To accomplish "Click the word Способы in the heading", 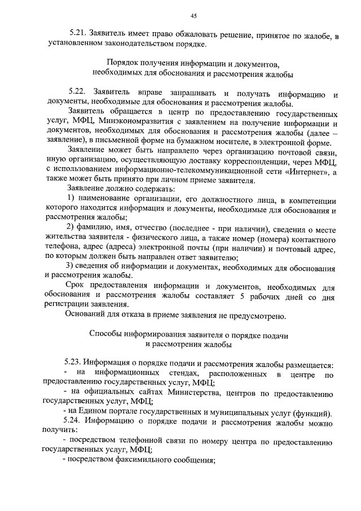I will (108, 334).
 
